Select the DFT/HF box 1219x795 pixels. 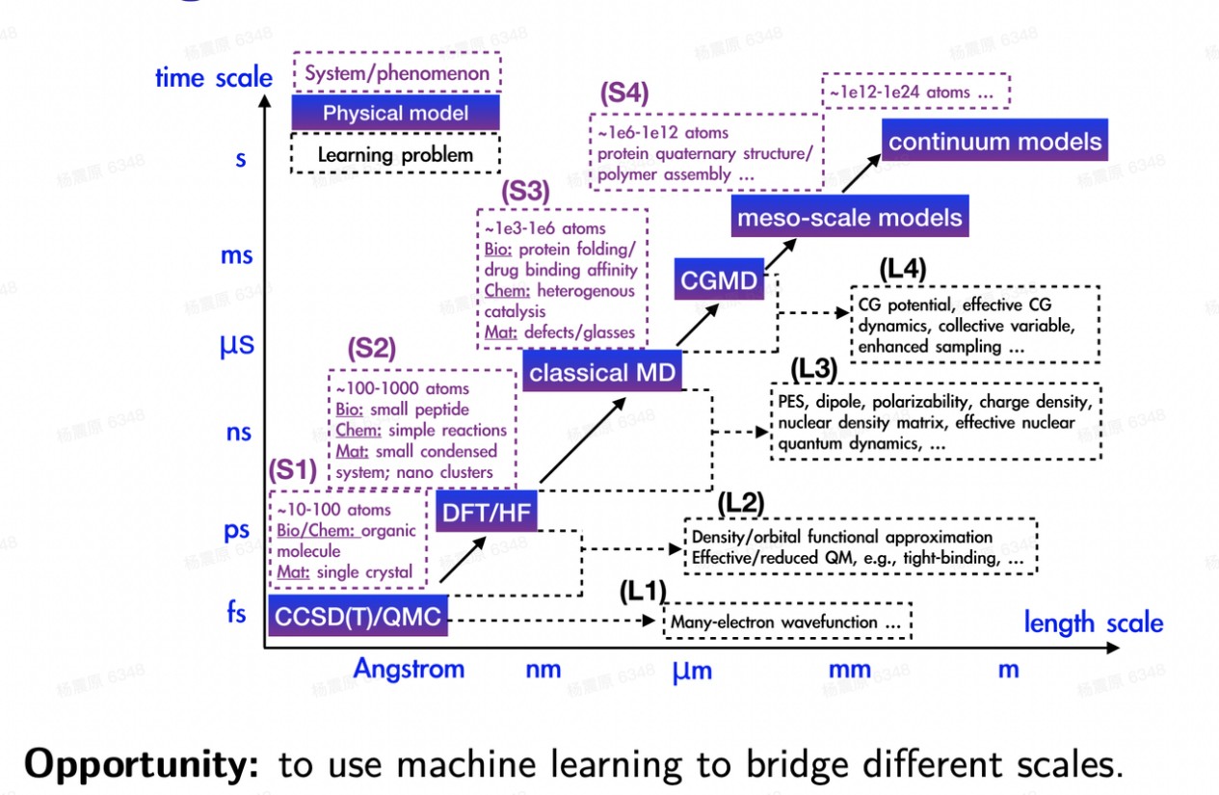pyautogui.click(x=486, y=513)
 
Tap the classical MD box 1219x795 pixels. pyautogui.click(x=602, y=372)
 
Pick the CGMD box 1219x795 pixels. pyautogui.click(x=720, y=280)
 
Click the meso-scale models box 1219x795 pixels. pyautogui.click(x=849, y=217)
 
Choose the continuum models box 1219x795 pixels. pyautogui.click(x=994, y=142)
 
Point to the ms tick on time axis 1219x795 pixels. pyautogui.click(x=236, y=255)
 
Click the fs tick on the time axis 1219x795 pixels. pyautogui.click(x=236, y=612)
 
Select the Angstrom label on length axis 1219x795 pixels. pyautogui.click(x=409, y=669)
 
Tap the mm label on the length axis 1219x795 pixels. pyautogui.click(x=849, y=669)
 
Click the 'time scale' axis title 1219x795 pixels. pyautogui.click(x=214, y=78)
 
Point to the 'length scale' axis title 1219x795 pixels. pyautogui.click(x=1093, y=623)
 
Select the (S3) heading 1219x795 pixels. pyautogui.click(x=524, y=191)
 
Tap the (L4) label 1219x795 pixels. pyautogui.click(x=903, y=269)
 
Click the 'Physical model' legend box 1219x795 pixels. pyautogui.click(x=395, y=113)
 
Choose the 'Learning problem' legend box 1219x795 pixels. pyautogui.click(x=395, y=154)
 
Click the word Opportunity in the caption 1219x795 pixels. pyautogui.click(x=142, y=763)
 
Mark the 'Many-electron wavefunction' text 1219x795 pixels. pyautogui.click(x=786, y=623)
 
